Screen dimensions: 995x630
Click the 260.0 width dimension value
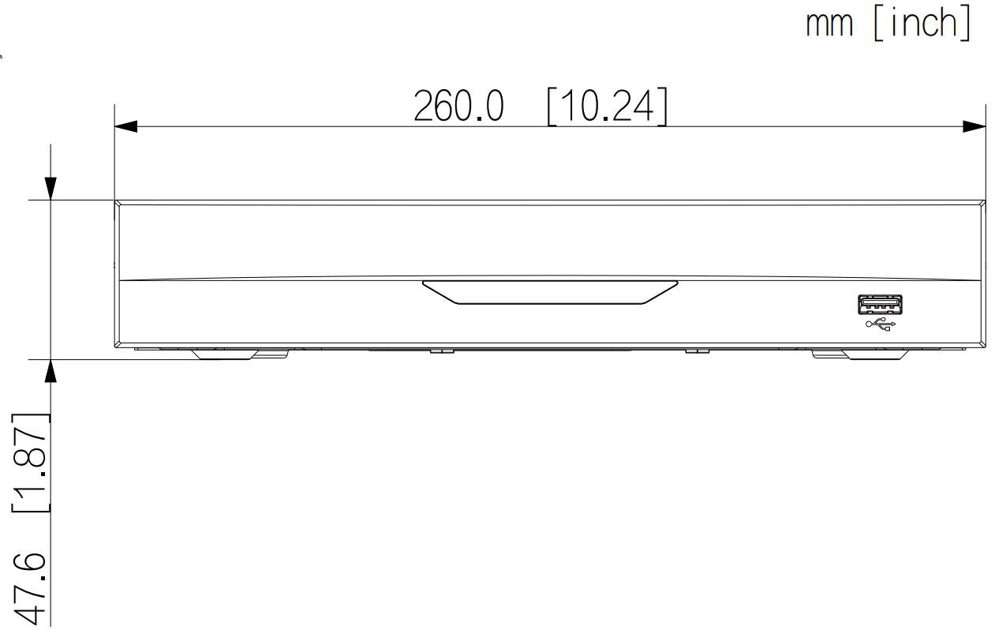[x=459, y=106]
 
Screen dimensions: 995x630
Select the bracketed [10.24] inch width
[x=608, y=107]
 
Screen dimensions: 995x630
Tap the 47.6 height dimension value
[x=30, y=589]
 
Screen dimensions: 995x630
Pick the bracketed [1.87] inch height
[x=30, y=463]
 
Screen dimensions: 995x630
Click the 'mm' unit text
[x=829, y=24]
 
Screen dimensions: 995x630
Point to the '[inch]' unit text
[x=922, y=22]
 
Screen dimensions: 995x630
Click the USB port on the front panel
[x=880, y=304]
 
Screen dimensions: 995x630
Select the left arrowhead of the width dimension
[x=125, y=126]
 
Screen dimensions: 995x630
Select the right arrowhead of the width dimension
[x=974, y=126]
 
